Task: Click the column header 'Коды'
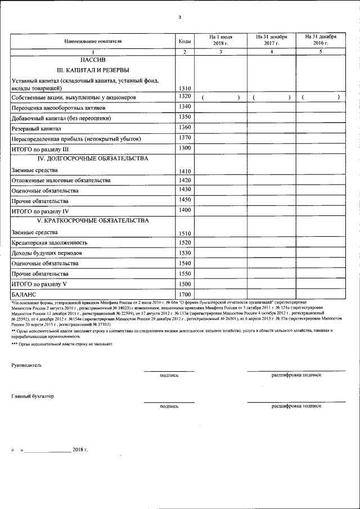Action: pyautogui.click(x=184, y=42)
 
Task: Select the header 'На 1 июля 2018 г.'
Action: pyautogui.click(x=220, y=40)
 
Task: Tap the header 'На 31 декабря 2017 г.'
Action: pyautogui.click(x=272, y=40)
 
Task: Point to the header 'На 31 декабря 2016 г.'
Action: pyautogui.click(x=321, y=40)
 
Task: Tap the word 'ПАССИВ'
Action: pyautogui.click(x=93, y=59)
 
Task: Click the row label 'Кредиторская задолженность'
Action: pyautogui.click(x=49, y=243)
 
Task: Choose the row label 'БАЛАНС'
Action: pyautogui.click(x=24, y=294)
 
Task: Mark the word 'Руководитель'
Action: pyautogui.click(x=26, y=365)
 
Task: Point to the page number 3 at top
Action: pyautogui.click(x=179, y=17)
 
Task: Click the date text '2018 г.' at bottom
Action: pyautogui.click(x=80, y=450)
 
